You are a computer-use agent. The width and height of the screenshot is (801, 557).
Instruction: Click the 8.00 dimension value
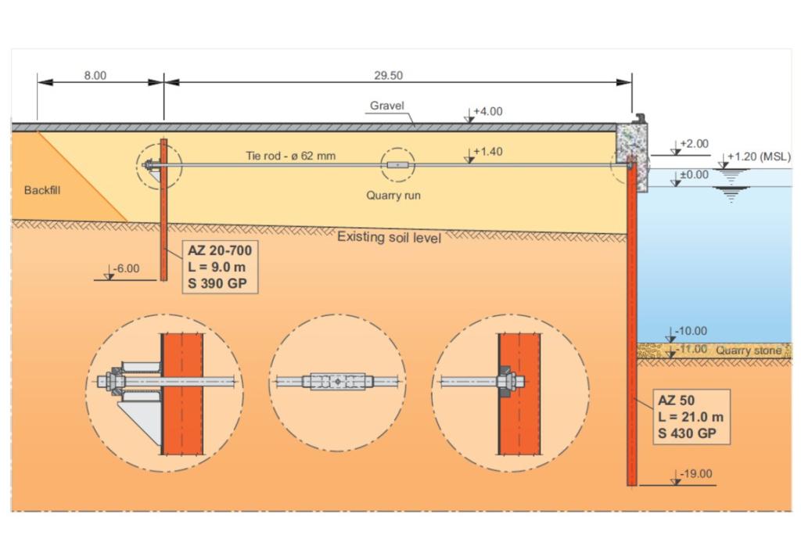coord(95,76)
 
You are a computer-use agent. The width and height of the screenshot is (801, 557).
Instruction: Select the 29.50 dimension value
coord(388,76)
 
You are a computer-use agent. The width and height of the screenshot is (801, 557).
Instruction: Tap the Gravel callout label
coord(386,106)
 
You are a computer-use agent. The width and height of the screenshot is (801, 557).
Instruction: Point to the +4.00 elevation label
coord(488,111)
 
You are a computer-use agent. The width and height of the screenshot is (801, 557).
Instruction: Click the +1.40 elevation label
coord(488,152)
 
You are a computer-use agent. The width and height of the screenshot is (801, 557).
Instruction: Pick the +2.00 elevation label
coord(695,144)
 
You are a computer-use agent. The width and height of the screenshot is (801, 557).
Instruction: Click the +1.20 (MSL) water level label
coord(759,156)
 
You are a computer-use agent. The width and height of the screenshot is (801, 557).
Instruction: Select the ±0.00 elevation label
coord(695,174)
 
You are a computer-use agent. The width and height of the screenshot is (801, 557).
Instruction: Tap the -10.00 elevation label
coord(691,331)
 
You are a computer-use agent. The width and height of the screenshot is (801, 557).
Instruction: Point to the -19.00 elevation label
coord(695,474)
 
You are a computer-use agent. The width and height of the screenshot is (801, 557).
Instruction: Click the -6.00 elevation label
coord(126,269)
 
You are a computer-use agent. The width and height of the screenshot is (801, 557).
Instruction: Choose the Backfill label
coord(42,190)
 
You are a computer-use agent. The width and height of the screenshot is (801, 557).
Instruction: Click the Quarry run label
coord(393,196)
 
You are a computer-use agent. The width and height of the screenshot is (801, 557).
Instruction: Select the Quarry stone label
coord(749,350)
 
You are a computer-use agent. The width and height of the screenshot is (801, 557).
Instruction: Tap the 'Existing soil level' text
coord(390,237)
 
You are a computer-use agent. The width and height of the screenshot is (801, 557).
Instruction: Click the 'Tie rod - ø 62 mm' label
coord(291,156)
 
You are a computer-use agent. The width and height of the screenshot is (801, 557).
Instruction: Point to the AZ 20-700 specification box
coord(220,267)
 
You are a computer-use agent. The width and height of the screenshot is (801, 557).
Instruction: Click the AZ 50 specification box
coord(691,417)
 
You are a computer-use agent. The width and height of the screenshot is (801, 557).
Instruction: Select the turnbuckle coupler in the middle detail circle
coord(338,382)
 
